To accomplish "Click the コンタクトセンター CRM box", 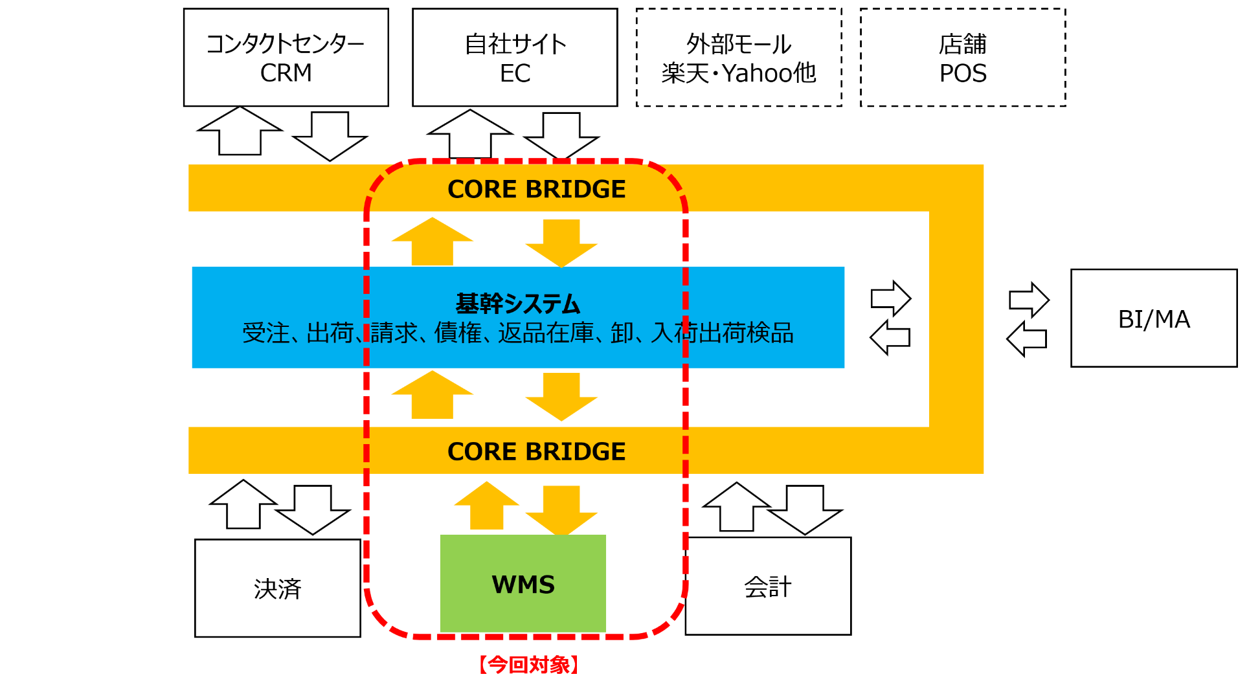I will point(286,58).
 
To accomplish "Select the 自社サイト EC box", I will point(515,58).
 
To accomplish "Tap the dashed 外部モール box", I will point(739,58).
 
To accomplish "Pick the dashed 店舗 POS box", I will point(963,58).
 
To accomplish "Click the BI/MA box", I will point(1154,318).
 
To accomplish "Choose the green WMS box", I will point(523,584).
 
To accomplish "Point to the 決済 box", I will point(277,588).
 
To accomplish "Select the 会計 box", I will point(768,586).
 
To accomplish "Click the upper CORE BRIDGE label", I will point(536,189).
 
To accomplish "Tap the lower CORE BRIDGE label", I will point(536,451).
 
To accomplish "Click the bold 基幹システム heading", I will point(518,303).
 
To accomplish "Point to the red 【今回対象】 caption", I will point(528,665).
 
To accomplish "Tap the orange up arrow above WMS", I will point(487,507).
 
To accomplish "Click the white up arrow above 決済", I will point(243,506).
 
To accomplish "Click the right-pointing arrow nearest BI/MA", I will point(1029,300).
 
